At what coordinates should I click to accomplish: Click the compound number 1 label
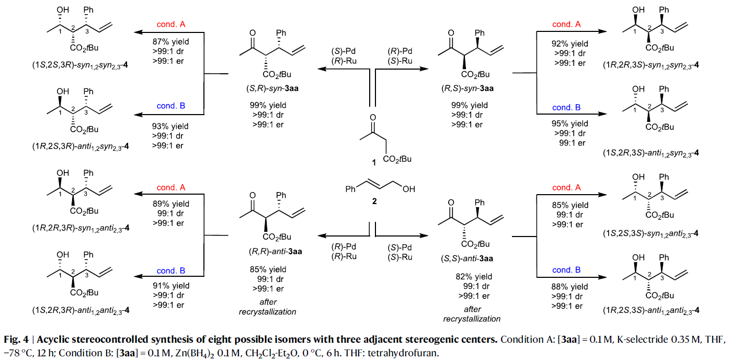373,163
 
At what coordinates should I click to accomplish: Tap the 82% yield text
474,276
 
